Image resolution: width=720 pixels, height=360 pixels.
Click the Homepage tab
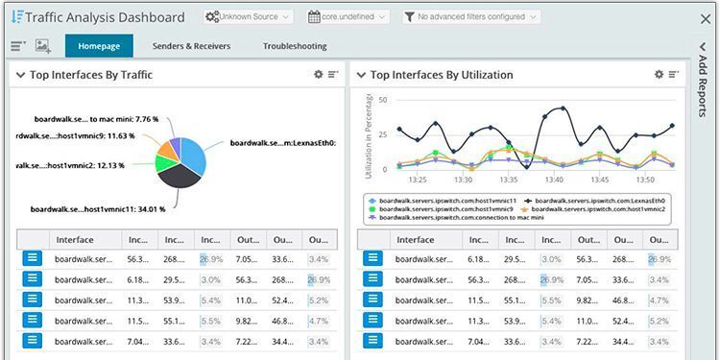(x=99, y=46)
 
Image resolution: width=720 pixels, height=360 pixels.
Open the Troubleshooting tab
(x=294, y=46)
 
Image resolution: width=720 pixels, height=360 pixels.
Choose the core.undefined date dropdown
(x=348, y=17)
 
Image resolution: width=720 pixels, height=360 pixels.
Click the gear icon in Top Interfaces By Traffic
(x=318, y=74)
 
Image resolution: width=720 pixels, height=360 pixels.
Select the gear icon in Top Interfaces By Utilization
(x=659, y=74)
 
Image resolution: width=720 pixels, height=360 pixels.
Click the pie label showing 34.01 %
(x=98, y=208)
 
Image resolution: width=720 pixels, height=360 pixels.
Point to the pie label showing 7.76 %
(x=96, y=120)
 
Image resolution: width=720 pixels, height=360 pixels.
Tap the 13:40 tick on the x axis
(x=555, y=180)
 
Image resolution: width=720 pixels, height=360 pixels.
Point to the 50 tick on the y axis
(x=382, y=100)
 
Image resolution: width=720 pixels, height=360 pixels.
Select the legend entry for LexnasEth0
(x=594, y=200)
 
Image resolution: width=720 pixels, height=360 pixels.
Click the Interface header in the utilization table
(x=416, y=240)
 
